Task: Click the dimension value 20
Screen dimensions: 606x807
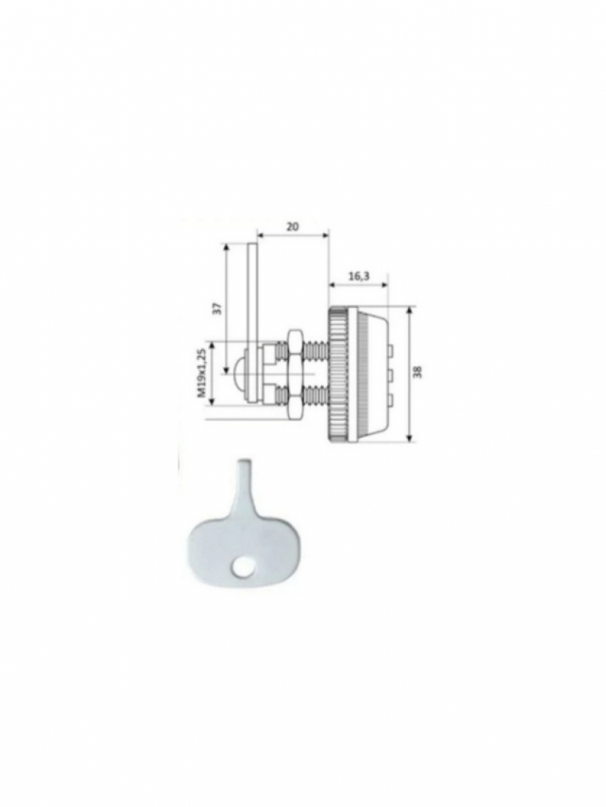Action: point(293,226)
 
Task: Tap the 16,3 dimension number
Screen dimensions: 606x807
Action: point(359,276)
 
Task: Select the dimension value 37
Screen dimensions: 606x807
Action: point(219,308)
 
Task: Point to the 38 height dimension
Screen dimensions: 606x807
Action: point(418,372)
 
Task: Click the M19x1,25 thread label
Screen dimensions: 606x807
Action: point(202,372)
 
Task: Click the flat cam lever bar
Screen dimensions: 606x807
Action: point(253,322)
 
